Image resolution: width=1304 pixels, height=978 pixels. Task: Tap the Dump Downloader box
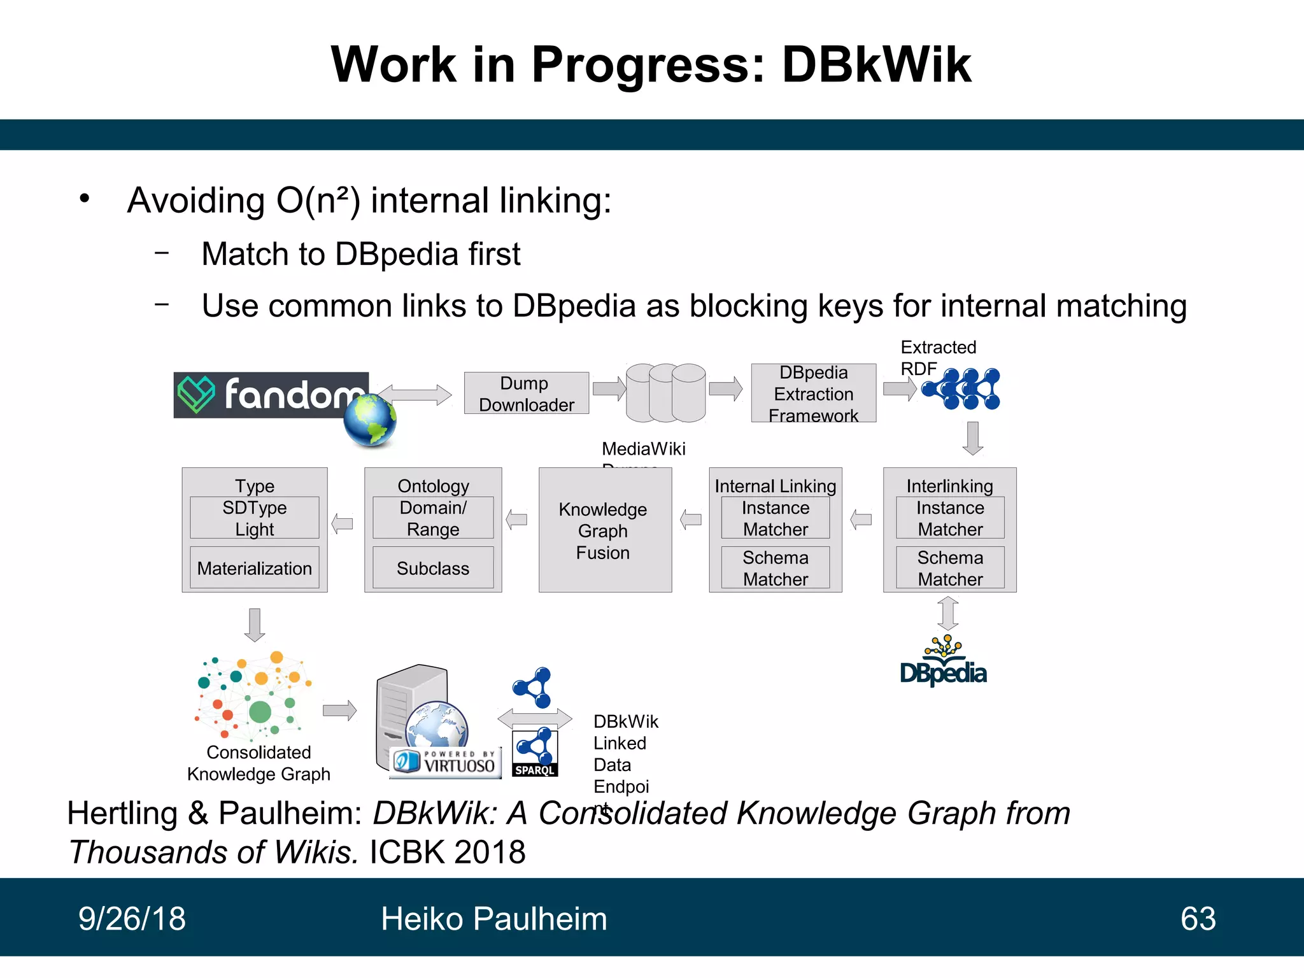tap(526, 393)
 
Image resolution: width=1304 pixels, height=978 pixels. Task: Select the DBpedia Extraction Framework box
tap(813, 393)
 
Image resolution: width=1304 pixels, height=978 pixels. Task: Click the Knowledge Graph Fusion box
tap(604, 530)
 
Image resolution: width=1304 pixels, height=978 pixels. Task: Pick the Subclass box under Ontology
tap(432, 567)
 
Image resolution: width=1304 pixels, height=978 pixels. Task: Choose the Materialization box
tap(254, 567)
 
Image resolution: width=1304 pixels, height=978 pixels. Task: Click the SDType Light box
tap(254, 518)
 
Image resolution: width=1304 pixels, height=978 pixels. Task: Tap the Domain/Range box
tap(432, 518)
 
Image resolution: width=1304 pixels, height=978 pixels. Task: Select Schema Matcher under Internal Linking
tap(775, 567)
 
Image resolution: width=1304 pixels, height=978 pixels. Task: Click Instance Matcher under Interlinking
tap(949, 518)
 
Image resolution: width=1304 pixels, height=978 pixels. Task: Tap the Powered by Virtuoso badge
tap(446, 762)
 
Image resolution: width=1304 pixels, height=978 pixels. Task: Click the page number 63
tap(1198, 919)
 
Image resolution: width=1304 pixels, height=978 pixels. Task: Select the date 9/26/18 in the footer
tap(132, 919)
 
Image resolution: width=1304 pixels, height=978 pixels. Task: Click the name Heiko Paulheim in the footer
tap(493, 919)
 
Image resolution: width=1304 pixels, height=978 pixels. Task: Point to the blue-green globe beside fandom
tap(369, 420)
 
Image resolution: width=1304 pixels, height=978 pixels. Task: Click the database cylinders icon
tap(665, 393)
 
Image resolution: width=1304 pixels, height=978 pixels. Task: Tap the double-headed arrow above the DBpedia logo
tap(948, 613)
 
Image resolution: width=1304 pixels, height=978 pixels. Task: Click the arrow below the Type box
tap(255, 625)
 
